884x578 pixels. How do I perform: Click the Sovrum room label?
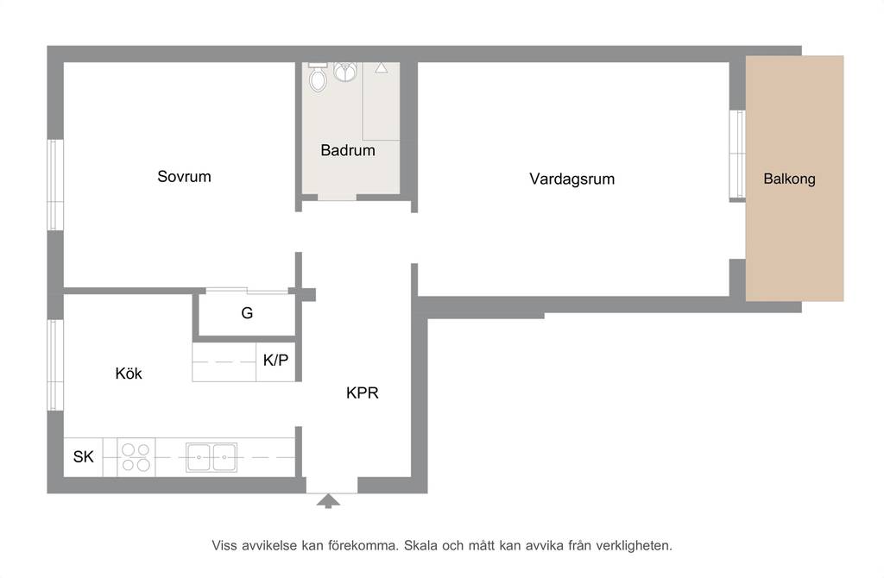[x=184, y=176]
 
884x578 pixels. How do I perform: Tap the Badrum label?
[x=348, y=150]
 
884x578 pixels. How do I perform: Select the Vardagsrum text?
[x=571, y=179]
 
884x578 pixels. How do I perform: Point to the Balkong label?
[x=789, y=179]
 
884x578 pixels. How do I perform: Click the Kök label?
[x=129, y=373]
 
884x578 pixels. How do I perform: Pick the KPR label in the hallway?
[x=362, y=393]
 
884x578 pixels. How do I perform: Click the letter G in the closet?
[x=247, y=312]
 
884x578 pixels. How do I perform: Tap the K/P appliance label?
[x=275, y=360]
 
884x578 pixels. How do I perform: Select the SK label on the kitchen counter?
[x=84, y=456]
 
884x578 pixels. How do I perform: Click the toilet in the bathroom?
[x=318, y=77]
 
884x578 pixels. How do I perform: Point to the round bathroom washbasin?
[x=345, y=72]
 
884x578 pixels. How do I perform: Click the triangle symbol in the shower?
[x=381, y=67]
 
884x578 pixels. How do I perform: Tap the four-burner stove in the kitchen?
[x=136, y=457]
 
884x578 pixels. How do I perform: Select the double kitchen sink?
[x=212, y=457]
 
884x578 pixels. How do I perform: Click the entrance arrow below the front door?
[x=328, y=501]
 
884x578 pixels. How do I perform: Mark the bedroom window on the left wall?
[x=54, y=185]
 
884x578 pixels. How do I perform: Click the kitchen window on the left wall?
[x=54, y=365]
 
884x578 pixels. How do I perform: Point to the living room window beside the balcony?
[x=737, y=154]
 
